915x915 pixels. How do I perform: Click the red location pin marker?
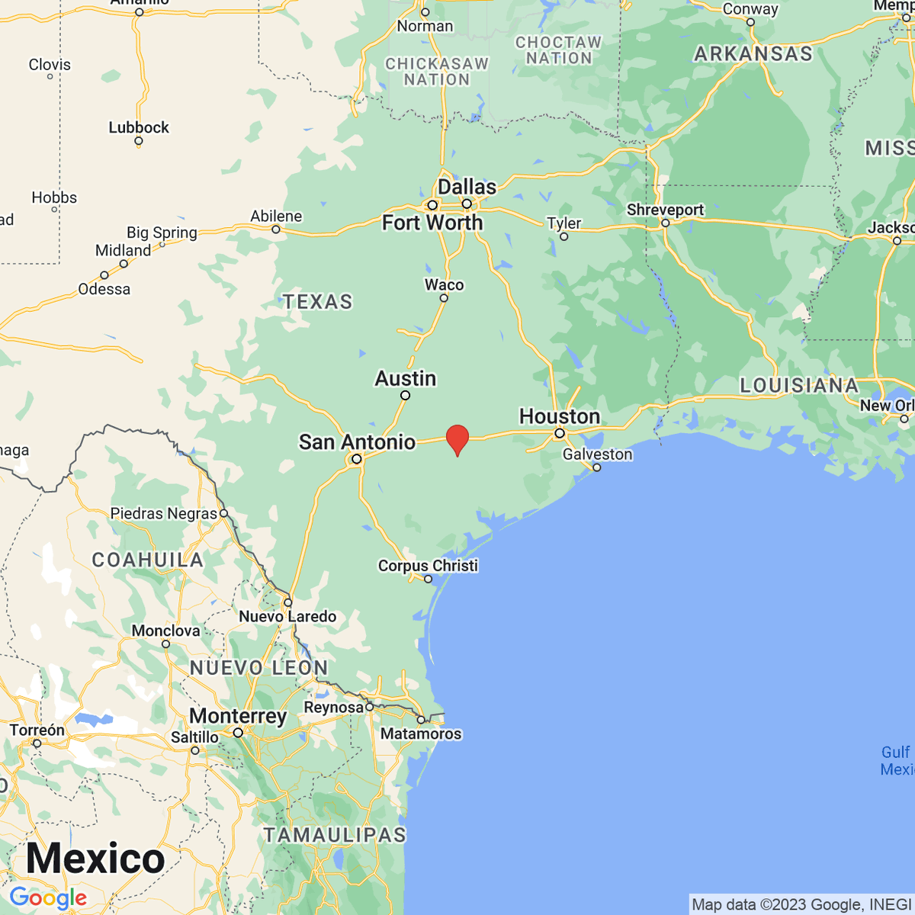[457, 438]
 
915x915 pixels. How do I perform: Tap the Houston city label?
[559, 416]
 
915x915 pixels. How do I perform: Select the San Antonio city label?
[357, 441]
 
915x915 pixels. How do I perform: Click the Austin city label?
[405, 378]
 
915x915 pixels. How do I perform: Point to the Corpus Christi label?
[428, 565]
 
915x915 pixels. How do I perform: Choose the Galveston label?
[597, 454]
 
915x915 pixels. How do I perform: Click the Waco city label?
[444, 284]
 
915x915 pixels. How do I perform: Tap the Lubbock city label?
[138, 127]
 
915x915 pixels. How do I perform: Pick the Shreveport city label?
[665, 210]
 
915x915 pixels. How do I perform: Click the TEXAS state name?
[318, 302]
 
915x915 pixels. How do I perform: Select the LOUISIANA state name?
[799, 385]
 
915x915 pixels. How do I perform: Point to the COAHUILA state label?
[148, 560]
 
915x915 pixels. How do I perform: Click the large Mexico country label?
[95, 859]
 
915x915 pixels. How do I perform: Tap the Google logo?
[48, 897]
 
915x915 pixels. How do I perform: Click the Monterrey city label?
[238, 716]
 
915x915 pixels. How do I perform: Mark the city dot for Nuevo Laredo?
[287, 602]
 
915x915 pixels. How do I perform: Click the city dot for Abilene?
[276, 229]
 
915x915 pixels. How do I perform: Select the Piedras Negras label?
[164, 513]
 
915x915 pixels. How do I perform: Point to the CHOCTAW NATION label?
[558, 50]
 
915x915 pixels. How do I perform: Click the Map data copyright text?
[801, 904]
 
